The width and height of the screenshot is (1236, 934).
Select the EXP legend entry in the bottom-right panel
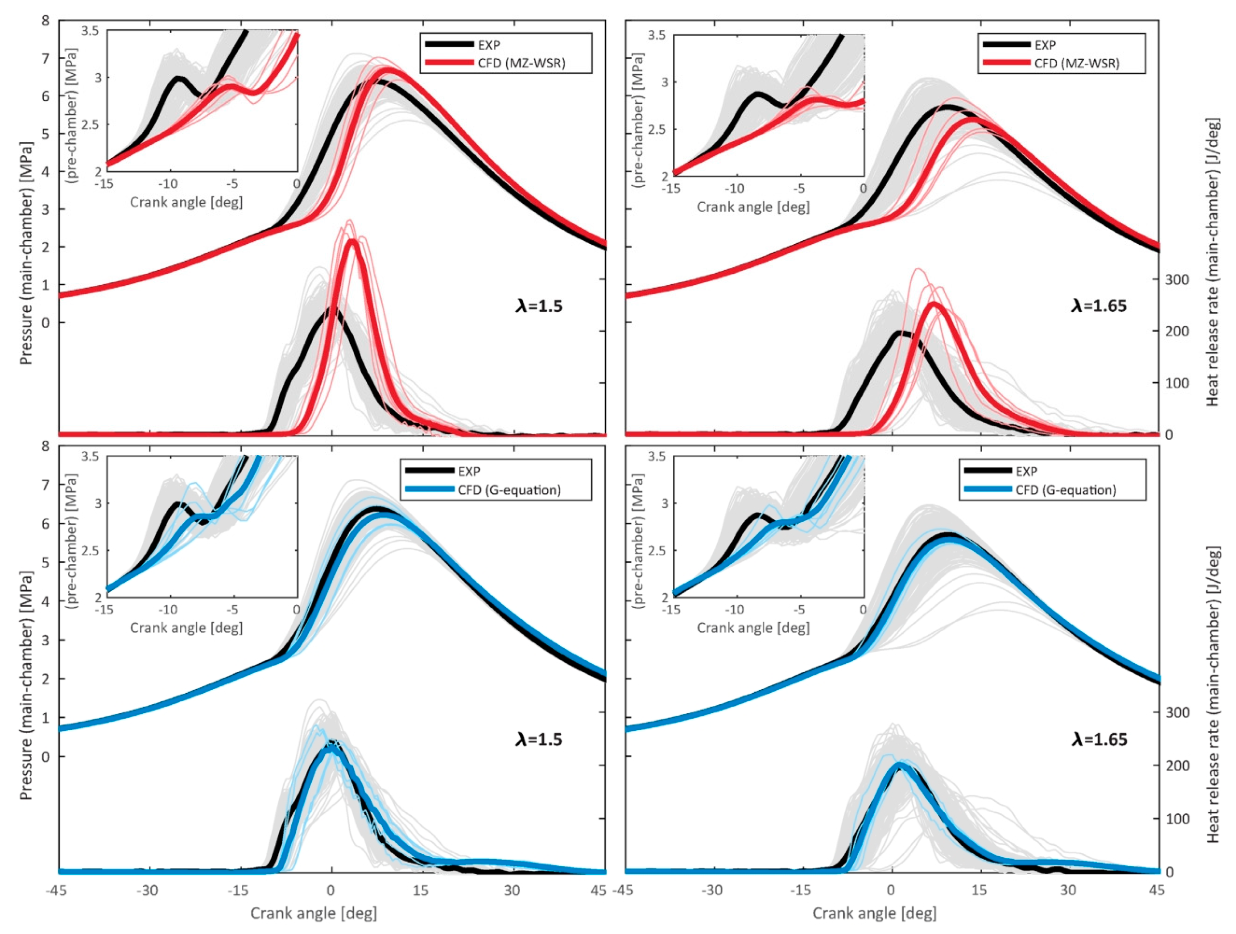(1026, 471)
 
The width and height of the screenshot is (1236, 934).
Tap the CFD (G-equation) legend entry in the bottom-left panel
(509, 490)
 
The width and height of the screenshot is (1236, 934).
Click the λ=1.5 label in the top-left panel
(539, 306)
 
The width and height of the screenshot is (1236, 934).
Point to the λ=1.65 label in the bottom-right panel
(1099, 740)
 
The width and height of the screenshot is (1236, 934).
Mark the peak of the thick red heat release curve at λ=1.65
(935, 303)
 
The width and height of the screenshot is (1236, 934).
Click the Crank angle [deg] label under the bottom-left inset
(186, 627)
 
